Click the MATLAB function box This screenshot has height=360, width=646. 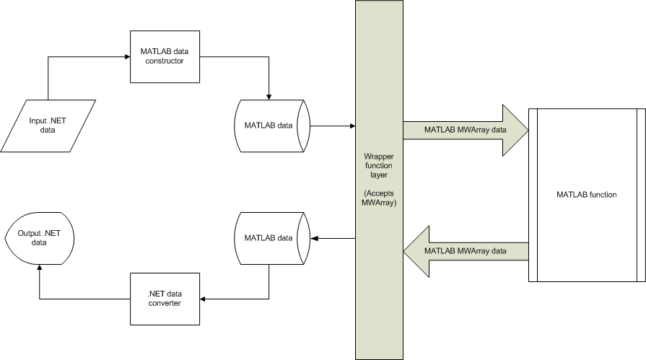(x=586, y=195)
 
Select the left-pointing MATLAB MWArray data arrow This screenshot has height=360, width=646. (x=465, y=250)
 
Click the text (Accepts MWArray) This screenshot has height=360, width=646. (x=378, y=198)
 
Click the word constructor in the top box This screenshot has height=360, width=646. (x=165, y=61)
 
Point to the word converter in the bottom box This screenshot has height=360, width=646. (x=165, y=304)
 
